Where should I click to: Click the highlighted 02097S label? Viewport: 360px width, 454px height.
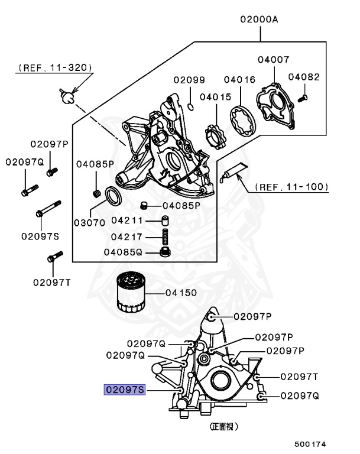pos(124,390)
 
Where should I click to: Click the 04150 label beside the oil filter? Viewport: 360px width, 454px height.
pos(181,293)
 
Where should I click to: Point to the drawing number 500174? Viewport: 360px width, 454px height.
pos(310,443)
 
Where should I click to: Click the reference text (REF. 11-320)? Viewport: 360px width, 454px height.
pos(54,68)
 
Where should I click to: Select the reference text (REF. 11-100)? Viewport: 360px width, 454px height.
pos(291,187)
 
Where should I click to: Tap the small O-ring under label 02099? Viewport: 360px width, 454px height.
pos(190,106)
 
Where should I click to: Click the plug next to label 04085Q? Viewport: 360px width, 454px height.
pos(167,254)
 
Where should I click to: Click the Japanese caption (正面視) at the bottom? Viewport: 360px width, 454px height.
pos(228,426)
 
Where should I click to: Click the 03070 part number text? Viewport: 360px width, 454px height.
pos(89,222)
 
